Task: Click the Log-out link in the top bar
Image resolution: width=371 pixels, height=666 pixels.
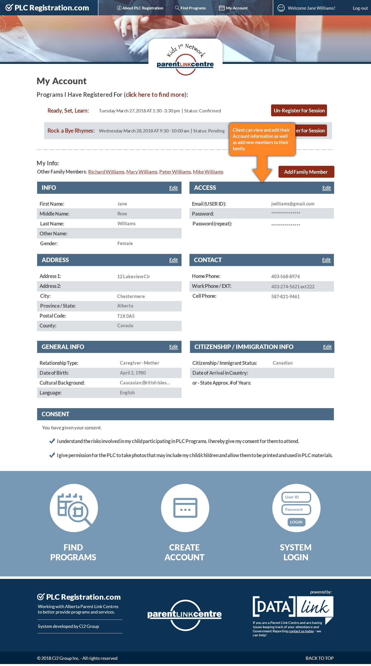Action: pyautogui.click(x=360, y=8)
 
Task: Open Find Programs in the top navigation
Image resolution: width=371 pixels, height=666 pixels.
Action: pyautogui.click(x=190, y=8)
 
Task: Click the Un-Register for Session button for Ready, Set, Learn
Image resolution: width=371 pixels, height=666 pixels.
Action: pyautogui.click(x=299, y=110)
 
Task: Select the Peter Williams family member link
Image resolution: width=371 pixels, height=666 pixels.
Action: pyautogui.click(x=175, y=172)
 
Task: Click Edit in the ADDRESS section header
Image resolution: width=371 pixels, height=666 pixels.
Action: pyautogui.click(x=173, y=260)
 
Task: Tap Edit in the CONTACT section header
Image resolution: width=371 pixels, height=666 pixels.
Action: pyautogui.click(x=326, y=260)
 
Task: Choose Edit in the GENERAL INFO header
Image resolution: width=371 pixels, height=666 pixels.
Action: pyautogui.click(x=173, y=347)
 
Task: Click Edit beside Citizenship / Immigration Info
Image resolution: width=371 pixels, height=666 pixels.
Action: pyautogui.click(x=327, y=347)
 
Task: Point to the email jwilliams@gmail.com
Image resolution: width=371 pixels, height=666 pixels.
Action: pyautogui.click(x=292, y=204)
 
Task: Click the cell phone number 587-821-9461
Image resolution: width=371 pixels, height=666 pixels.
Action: pyautogui.click(x=285, y=296)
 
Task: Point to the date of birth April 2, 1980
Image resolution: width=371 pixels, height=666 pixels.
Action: pyautogui.click(x=133, y=373)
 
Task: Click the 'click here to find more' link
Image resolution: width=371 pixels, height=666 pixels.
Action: pyautogui.click(x=155, y=95)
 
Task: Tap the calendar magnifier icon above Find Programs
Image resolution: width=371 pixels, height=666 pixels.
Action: pyautogui.click(x=74, y=508)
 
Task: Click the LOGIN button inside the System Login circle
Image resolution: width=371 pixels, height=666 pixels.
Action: pyautogui.click(x=296, y=522)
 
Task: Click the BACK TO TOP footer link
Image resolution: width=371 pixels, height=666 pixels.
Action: pyautogui.click(x=319, y=658)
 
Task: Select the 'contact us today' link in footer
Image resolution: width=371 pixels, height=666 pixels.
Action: pyautogui.click(x=301, y=631)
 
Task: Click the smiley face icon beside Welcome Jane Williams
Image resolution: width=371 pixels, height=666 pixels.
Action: pyautogui.click(x=281, y=8)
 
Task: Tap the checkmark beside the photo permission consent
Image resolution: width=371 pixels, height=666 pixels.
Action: pyautogui.click(x=52, y=455)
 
